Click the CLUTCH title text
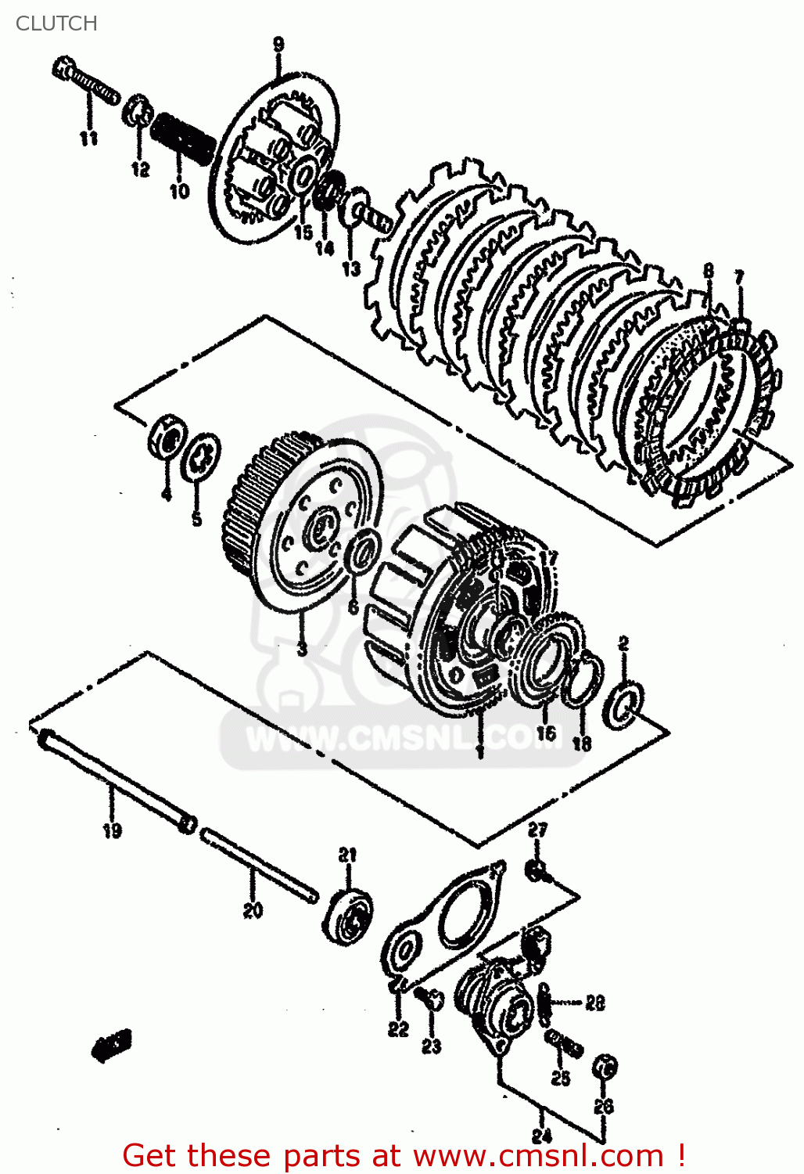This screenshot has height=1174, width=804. click(56, 23)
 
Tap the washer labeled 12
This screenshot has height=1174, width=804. click(138, 110)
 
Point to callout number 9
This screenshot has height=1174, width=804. click(279, 45)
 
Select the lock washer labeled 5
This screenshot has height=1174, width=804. click(200, 457)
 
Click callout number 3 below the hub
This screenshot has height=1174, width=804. click(302, 649)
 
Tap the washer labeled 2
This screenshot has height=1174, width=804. click(625, 702)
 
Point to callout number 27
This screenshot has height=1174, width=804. click(537, 830)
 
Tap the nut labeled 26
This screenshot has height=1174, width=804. click(605, 1066)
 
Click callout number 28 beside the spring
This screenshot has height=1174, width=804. click(595, 1003)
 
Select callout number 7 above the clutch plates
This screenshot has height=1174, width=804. click(738, 278)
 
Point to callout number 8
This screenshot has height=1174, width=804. click(708, 271)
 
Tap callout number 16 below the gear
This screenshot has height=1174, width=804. click(546, 733)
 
